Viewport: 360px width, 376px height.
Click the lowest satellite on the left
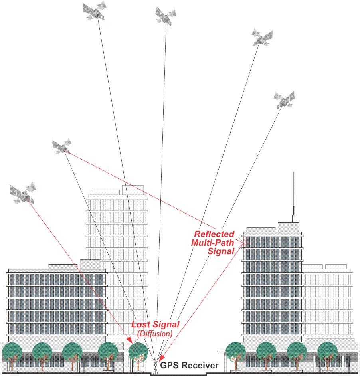[24, 193]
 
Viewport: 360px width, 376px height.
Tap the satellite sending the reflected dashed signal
[62, 146]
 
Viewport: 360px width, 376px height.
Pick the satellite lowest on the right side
[284, 99]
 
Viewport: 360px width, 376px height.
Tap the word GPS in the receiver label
[168, 365]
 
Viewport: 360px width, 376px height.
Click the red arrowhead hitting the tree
[130, 340]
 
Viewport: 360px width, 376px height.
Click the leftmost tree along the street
[12, 353]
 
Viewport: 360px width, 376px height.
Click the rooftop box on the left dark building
[91, 264]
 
